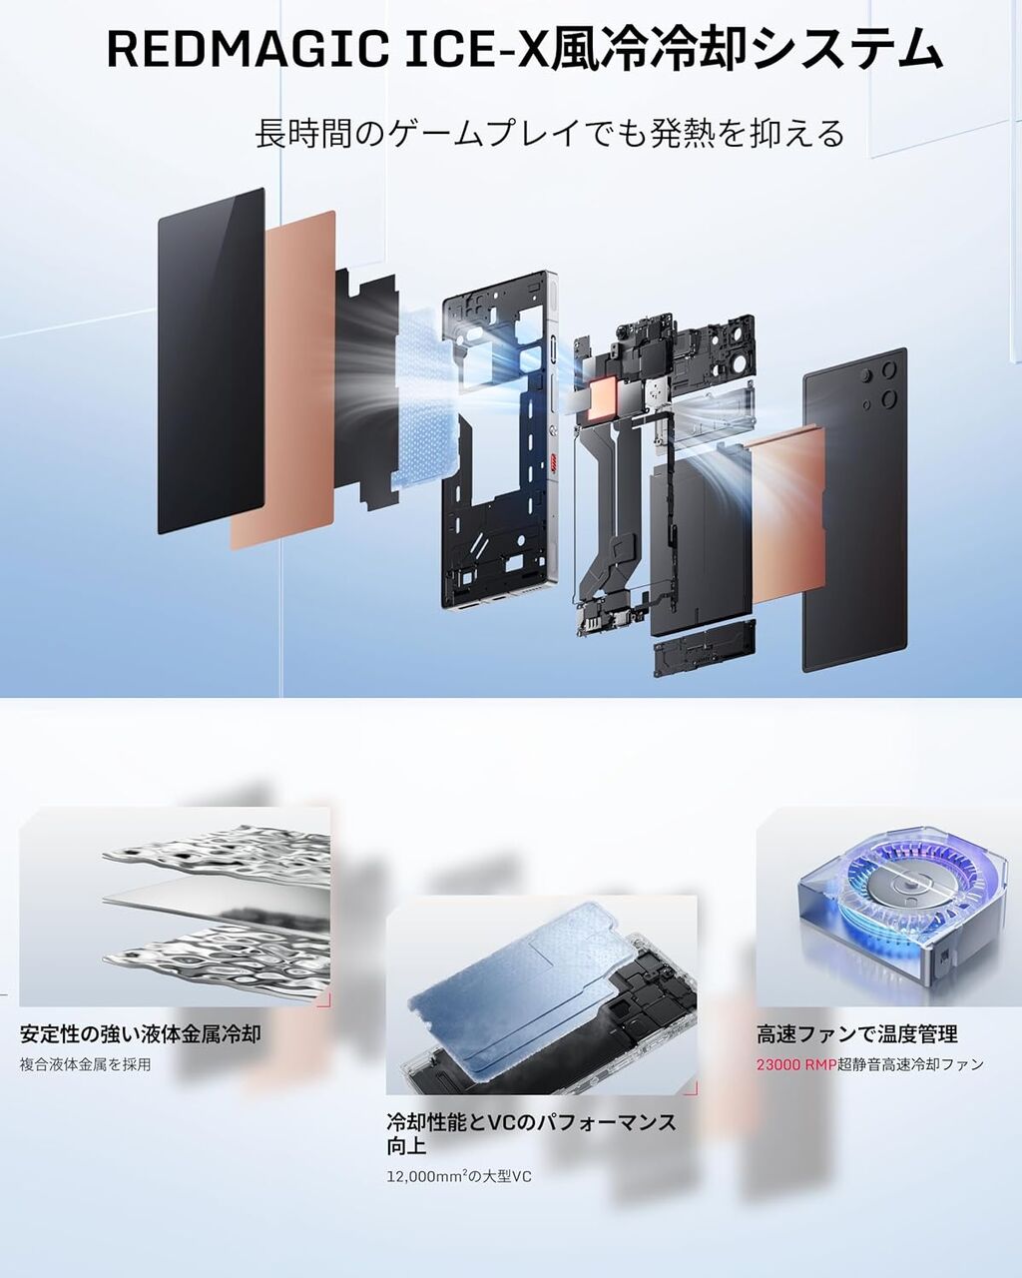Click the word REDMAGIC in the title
pyautogui.click(x=246, y=50)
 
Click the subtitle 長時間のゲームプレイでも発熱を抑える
pyautogui.click(x=549, y=133)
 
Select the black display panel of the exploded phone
pyautogui.click(x=211, y=360)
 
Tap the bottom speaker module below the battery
pyautogui.click(x=705, y=648)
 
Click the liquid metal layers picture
pyautogui.click(x=175, y=908)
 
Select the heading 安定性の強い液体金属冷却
pyautogui.click(x=140, y=1034)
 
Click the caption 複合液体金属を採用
pyautogui.click(x=86, y=1064)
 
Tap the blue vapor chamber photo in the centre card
pyautogui.click(x=542, y=994)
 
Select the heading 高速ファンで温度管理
pyautogui.click(x=857, y=1034)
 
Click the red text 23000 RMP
pyautogui.click(x=795, y=1064)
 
